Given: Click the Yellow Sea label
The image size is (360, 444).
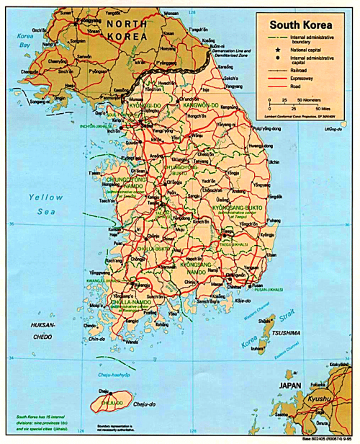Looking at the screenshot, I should [46, 203].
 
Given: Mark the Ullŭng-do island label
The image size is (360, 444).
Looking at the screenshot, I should [331, 130].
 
